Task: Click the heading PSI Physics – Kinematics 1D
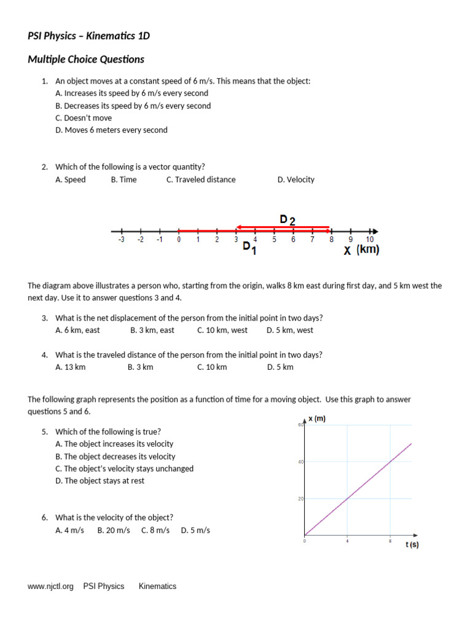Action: click(x=88, y=36)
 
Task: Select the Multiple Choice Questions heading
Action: click(x=86, y=60)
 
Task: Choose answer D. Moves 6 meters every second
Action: click(x=111, y=130)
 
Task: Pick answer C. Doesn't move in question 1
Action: click(x=84, y=118)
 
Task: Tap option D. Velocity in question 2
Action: click(x=296, y=180)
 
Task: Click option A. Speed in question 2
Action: click(x=71, y=180)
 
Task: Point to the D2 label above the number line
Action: click(x=287, y=220)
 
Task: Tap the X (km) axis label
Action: click(x=361, y=250)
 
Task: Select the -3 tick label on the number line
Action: click(x=121, y=240)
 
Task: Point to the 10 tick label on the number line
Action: click(x=369, y=240)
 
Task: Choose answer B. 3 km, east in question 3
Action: click(x=152, y=330)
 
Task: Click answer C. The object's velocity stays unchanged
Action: click(x=124, y=469)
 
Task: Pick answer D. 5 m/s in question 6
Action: click(x=195, y=530)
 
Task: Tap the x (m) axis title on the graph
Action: click(x=317, y=419)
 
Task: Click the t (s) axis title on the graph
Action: click(x=412, y=545)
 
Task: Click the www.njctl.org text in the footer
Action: click(x=50, y=587)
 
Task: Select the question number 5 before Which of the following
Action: click(x=45, y=432)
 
